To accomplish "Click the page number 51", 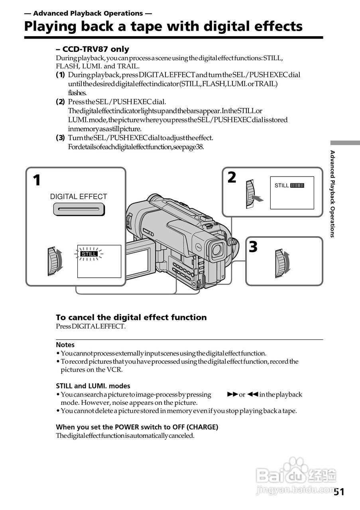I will pyautogui.click(x=339, y=492).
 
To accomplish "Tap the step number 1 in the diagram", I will pyautogui.click(x=37, y=180).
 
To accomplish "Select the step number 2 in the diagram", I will pyautogui.click(x=232, y=177).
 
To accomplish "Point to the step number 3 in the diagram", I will pyautogui.click(x=253, y=247).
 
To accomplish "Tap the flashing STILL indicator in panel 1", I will pyautogui.click(x=89, y=254).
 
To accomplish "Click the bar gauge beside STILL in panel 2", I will pyautogui.click(x=297, y=185).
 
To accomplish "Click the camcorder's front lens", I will pyautogui.click(x=218, y=250).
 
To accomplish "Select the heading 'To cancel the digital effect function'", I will pyautogui.click(x=131, y=318).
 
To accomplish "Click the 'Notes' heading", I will pyautogui.click(x=65, y=345).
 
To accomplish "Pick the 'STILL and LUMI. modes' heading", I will pyautogui.click(x=93, y=386).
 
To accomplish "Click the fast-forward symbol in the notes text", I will pyautogui.click(x=232, y=394).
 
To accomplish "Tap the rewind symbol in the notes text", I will pyautogui.click(x=253, y=394).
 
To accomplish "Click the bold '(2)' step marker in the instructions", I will pyautogui.click(x=60, y=102).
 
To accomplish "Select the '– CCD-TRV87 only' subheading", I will pyautogui.click(x=92, y=49).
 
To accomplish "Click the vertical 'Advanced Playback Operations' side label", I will pyautogui.click(x=332, y=194).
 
